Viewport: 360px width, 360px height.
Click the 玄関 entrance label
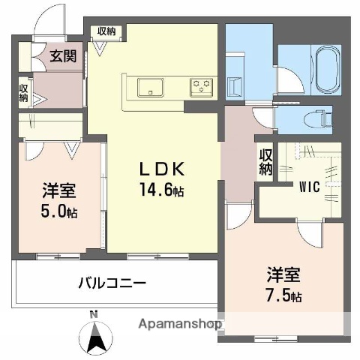point(63,55)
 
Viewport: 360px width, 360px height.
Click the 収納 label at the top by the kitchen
point(106,31)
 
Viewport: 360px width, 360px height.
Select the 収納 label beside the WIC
point(265,162)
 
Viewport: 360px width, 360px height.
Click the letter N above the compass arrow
point(93,313)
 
